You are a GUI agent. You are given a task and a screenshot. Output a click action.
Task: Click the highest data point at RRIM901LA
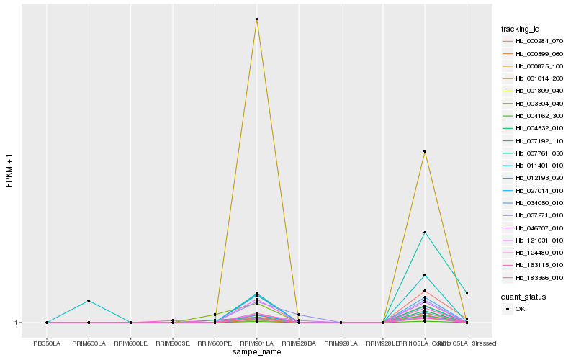pos(256,19)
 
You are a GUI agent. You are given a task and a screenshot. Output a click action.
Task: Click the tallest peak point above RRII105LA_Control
pos(425,152)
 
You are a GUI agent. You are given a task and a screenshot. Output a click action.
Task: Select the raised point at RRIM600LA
pos(89,300)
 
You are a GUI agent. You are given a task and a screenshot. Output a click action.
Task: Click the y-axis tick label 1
pos(16,323)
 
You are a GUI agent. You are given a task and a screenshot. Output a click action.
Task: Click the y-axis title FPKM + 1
pos(9,171)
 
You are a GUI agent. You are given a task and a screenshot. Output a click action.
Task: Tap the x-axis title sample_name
pos(256,352)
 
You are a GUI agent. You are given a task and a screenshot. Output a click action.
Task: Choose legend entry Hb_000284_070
pos(539,41)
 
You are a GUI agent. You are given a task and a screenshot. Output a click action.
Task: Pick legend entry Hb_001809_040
pos(539,91)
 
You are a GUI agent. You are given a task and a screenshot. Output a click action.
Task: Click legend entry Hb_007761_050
pos(539,153)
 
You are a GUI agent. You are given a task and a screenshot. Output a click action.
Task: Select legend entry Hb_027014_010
pos(539,190)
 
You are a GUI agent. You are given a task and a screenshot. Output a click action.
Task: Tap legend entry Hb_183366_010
pos(539,277)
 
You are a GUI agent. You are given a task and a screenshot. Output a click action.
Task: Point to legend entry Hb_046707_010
pos(539,228)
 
